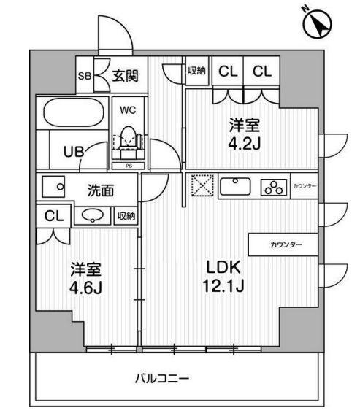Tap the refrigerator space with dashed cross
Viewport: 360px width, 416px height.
coord(202,185)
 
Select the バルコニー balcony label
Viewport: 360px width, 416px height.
coord(162,380)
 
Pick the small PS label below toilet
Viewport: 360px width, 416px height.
coord(129,166)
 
